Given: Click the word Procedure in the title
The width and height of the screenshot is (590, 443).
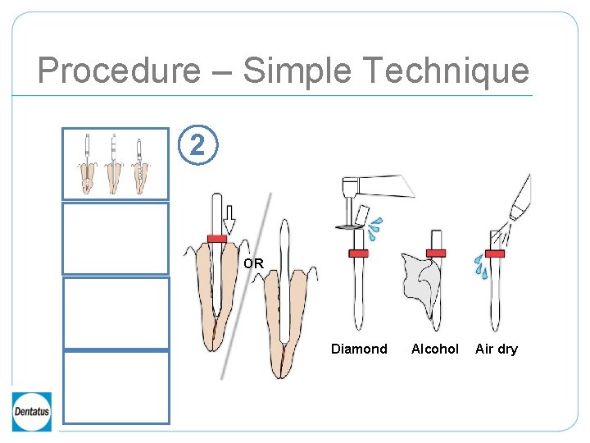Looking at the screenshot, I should pyautogui.click(x=118, y=71).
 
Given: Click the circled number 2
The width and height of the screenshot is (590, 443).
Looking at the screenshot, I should pyautogui.click(x=197, y=146).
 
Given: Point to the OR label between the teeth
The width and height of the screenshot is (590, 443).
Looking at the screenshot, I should pyautogui.click(x=253, y=264).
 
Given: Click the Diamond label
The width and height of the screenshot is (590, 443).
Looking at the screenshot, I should pyautogui.click(x=359, y=349).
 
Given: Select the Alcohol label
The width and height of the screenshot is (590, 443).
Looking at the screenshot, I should pyautogui.click(x=434, y=349).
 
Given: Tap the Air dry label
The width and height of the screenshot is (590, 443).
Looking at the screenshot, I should pyautogui.click(x=497, y=349).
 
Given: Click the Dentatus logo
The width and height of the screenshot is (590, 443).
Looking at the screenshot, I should pyautogui.click(x=32, y=411).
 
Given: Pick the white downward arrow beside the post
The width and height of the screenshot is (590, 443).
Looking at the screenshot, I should pyautogui.click(x=229, y=218).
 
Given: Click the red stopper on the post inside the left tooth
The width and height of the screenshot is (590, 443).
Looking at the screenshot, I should pyautogui.click(x=216, y=238).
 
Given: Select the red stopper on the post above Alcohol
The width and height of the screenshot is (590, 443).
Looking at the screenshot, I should pyautogui.click(x=435, y=252).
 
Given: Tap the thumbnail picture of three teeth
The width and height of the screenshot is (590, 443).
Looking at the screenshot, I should pyautogui.click(x=116, y=163).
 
